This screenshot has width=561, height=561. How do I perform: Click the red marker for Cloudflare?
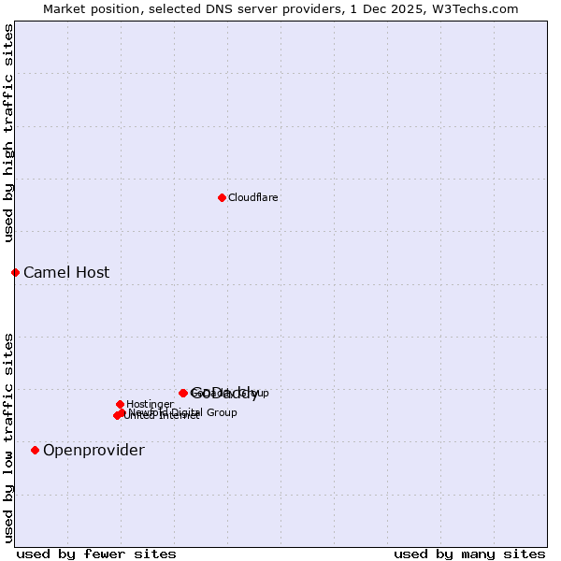click(x=222, y=197)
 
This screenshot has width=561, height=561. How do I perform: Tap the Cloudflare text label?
click(x=253, y=197)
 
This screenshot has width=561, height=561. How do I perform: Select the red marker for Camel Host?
click(x=15, y=272)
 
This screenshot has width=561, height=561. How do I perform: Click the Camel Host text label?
click(x=66, y=273)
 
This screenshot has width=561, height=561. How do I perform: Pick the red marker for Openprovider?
click(x=36, y=450)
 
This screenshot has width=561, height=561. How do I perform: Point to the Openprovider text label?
click(x=93, y=451)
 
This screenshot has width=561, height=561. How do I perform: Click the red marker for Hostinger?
click(x=120, y=404)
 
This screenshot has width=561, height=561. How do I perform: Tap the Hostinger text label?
click(x=150, y=405)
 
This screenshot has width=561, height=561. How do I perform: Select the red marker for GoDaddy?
click(x=183, y=393)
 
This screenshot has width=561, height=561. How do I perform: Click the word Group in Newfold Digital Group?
click(x=221, y=412)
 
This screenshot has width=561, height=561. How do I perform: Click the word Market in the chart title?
click(x=63, y=9)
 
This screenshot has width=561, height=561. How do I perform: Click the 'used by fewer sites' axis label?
click(x=96, y=554)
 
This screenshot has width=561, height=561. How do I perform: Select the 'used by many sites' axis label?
click(x=469, y=554)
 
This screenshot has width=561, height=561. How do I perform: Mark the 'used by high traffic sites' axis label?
click(x=9, y=133)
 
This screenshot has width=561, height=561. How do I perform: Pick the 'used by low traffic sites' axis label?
click(x=9, y=437)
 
